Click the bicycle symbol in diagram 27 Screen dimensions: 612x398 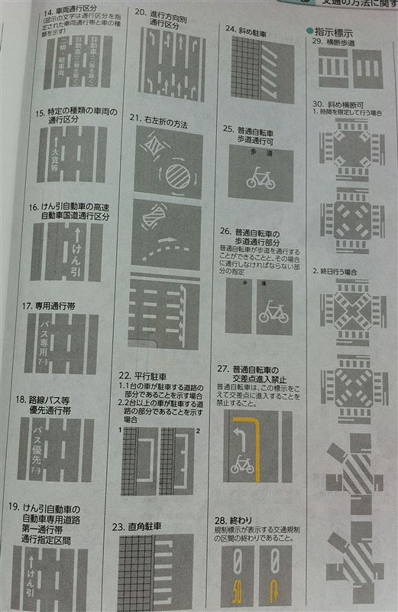242,464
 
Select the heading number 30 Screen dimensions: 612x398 319,103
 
